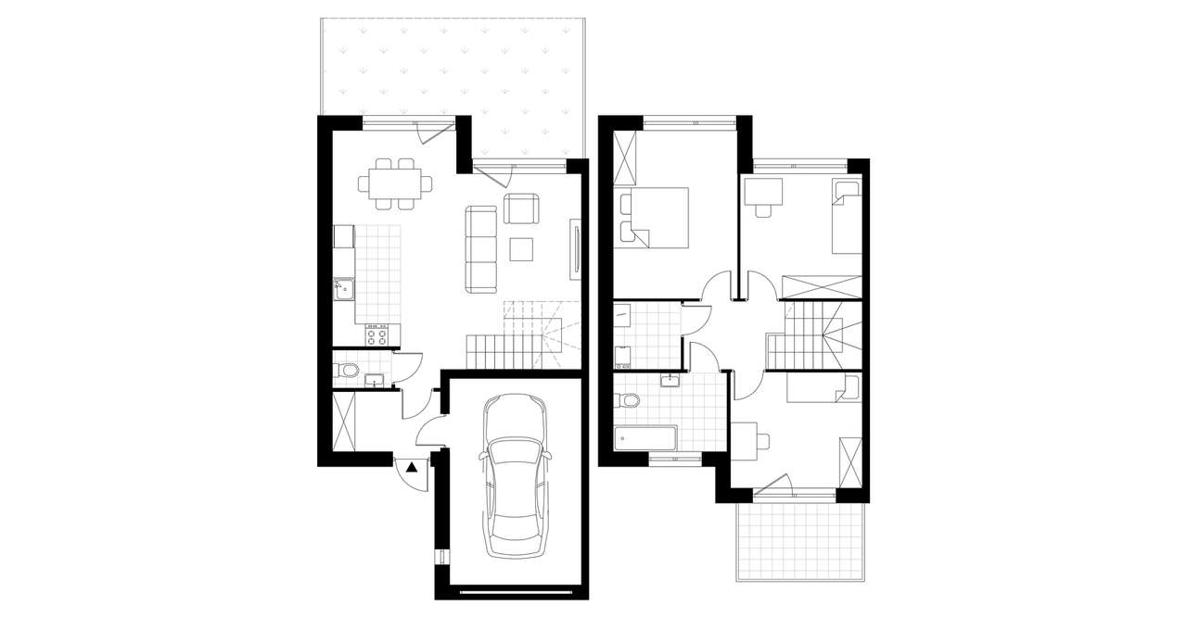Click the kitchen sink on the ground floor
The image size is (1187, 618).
click(345, 289)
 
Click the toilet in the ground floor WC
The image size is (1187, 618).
click(347, 372)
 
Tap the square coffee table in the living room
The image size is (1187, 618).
click(522, 250)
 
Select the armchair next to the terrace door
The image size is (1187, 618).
click(521, 208)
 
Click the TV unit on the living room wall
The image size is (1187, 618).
click(576, 250)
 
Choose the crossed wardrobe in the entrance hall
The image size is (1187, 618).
click(343, 423)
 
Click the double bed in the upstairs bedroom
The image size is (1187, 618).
click(657, 217)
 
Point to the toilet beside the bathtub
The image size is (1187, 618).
click(628, 401)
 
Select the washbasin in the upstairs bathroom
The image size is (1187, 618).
click(670, 379)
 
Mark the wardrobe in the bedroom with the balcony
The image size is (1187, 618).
click(849, 460)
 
